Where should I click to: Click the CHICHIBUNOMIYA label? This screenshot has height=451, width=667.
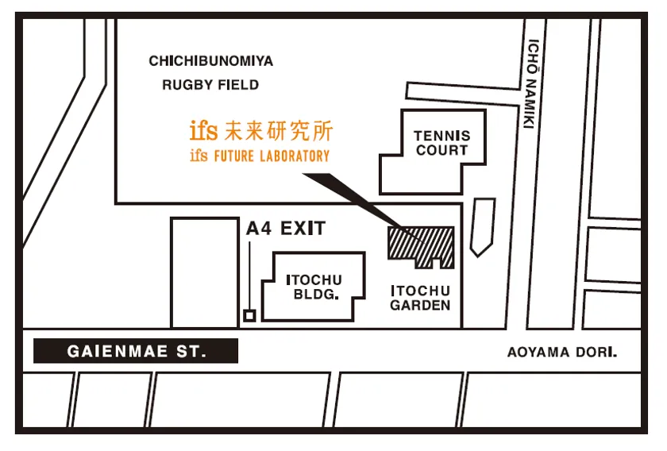pos(211,61)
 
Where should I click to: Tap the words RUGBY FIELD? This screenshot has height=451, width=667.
pos(210,85)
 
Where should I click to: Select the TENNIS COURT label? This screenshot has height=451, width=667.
pos(442,143)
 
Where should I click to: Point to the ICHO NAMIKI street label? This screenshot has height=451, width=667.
pos(531,83)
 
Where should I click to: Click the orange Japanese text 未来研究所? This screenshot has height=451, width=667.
pos(279,131)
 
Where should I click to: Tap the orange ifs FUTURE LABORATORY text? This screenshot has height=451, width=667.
pos(260,156)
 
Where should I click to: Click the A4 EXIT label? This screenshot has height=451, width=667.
pos(286,229)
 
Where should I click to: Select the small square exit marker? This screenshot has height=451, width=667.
pos(249,316)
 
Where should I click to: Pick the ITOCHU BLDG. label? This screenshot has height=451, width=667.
pos(314,287)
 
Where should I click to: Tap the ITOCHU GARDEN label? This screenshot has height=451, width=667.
pos(420,298)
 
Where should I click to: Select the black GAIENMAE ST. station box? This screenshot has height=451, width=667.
pos(136,351)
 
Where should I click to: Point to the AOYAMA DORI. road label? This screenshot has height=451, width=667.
pos(562,353)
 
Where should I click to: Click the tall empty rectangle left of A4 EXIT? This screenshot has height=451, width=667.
pos(205,272)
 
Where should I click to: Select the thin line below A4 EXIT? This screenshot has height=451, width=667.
pos(249,276)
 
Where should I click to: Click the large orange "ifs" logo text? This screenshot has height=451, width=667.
pos(204,131)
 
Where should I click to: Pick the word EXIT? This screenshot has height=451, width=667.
pos(303,229)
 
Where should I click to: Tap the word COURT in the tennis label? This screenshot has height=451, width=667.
pos(442,150)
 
